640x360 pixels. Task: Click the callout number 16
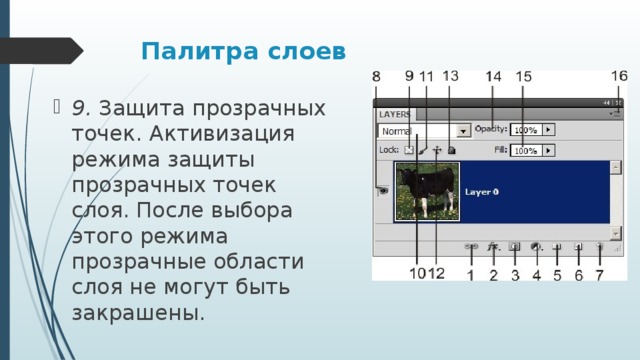(619, 76)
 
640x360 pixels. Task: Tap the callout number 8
(377, 77)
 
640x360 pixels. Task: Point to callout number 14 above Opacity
(494, 77)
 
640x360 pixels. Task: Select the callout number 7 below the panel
(599, 274)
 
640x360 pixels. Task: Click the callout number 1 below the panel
(471, 274)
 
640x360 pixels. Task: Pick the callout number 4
(537, 274)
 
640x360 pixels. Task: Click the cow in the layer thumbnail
(426, 189)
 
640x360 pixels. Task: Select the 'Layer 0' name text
(482, 191)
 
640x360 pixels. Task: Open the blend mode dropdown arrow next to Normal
(463, 131)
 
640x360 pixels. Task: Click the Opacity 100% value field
(526, 130)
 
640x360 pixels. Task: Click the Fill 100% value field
(526, 151)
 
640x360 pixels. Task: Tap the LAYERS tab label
(394, 114)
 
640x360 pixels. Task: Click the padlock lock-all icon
(451, 151)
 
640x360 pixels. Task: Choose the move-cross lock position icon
(437, 151)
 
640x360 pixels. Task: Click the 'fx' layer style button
(493, 244)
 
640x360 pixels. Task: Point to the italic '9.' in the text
(83, 107)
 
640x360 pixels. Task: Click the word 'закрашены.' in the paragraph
(138, 313)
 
